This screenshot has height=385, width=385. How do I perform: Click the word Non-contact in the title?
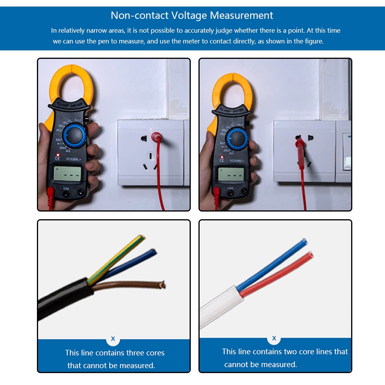pyautogui.click(x=140, y=16)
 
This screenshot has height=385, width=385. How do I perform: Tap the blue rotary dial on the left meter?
pyautogui.click(x=75, y=136)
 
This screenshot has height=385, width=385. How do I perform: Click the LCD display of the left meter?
pyautogui.click(x=67, y=174)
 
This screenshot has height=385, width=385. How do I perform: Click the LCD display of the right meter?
pyautogui.click(x=231, y=175)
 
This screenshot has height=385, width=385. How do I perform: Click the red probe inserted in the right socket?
pyautogui.click(x=300, y=144)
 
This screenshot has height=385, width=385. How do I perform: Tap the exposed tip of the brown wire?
pyautogui.click(x=163, y=285)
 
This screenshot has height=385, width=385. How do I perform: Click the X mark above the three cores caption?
pyautogui.click(x=113, y=339)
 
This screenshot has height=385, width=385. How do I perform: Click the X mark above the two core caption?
pyautogui.click(x=274, y=338)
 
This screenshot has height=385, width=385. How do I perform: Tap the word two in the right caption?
pyautogui.click(x=290, y=352)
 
